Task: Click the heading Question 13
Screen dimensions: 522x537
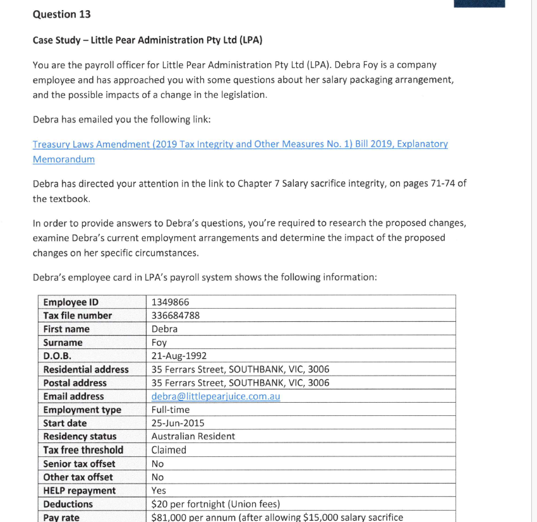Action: (x=62, y=15)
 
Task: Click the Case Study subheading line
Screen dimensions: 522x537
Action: (x=147, y=40)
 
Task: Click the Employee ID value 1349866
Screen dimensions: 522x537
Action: (x=171, y=302)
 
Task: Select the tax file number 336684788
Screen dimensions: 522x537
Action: (x=176, y=315)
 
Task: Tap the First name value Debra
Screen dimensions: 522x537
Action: (x=165, y=329)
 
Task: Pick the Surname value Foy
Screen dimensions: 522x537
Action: (x=159, y=343)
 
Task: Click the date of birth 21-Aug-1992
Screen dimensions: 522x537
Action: (x=179, y=356)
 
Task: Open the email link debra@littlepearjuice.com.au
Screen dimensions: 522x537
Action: (x=215, y=396)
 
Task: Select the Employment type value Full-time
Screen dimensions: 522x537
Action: (x=171, y=410)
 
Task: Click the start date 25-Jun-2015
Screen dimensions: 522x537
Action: (x=178, y=423)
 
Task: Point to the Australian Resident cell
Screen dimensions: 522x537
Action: (x=193, y=436)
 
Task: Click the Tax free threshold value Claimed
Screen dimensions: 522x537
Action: (x=169, y=450)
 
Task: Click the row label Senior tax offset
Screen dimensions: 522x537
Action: (x=79, y=463)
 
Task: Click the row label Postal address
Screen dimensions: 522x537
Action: (x=75, y=383)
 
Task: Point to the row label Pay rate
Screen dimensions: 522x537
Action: (x=61, y=517)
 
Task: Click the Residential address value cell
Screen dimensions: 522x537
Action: (x=240, y=369)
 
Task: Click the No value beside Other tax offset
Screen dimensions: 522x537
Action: (x=158, y=477)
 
